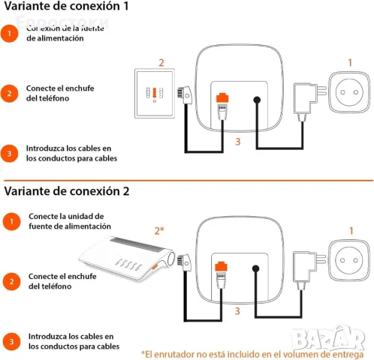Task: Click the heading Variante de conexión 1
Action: tap(66, 6)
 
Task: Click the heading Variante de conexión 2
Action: tap(67, 191)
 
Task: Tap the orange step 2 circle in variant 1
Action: tap(9, 94)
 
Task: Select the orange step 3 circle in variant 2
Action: tap(11, 341)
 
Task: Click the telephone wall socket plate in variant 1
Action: tap(155, 93)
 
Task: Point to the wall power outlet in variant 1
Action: tap(349, 92)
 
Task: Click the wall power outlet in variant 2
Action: tap(349, 260)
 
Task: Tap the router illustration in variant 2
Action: tap(127, 258)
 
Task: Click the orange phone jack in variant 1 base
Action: tap(222, 97)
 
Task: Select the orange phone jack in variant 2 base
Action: tap(221, 266)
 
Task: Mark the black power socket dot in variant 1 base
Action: tap(257, 100)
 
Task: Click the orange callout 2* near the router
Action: tap(159, 230)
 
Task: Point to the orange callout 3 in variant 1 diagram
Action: tap(238, 142)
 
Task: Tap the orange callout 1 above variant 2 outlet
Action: tap(351, 230)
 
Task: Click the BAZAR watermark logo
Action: tap(328, 338)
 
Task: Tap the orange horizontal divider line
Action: tap(189, 180)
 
